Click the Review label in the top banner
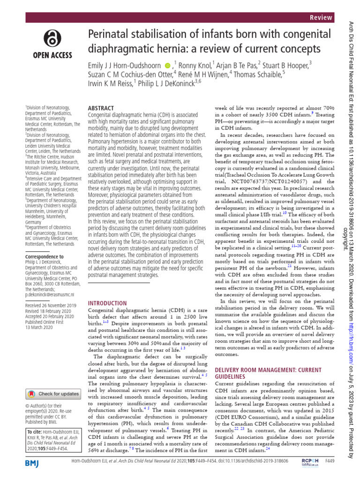321,18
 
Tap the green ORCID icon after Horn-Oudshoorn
168,64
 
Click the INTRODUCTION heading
107,303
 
